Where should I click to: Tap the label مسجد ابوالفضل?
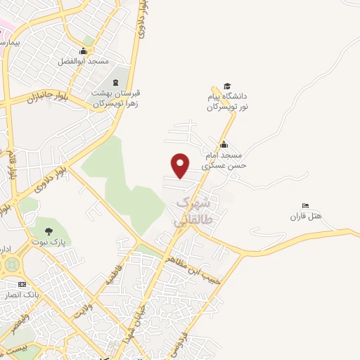83,61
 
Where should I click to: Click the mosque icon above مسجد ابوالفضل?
84,51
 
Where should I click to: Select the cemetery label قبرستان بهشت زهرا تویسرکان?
116,98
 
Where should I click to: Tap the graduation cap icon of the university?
227,86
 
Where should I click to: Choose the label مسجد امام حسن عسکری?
221,160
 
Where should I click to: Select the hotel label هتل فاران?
305,217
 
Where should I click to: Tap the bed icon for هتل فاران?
305,205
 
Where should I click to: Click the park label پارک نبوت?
48,242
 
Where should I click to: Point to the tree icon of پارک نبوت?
49,231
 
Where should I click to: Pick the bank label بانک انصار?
23,294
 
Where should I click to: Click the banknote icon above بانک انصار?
22,283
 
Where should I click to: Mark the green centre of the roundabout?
10,266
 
